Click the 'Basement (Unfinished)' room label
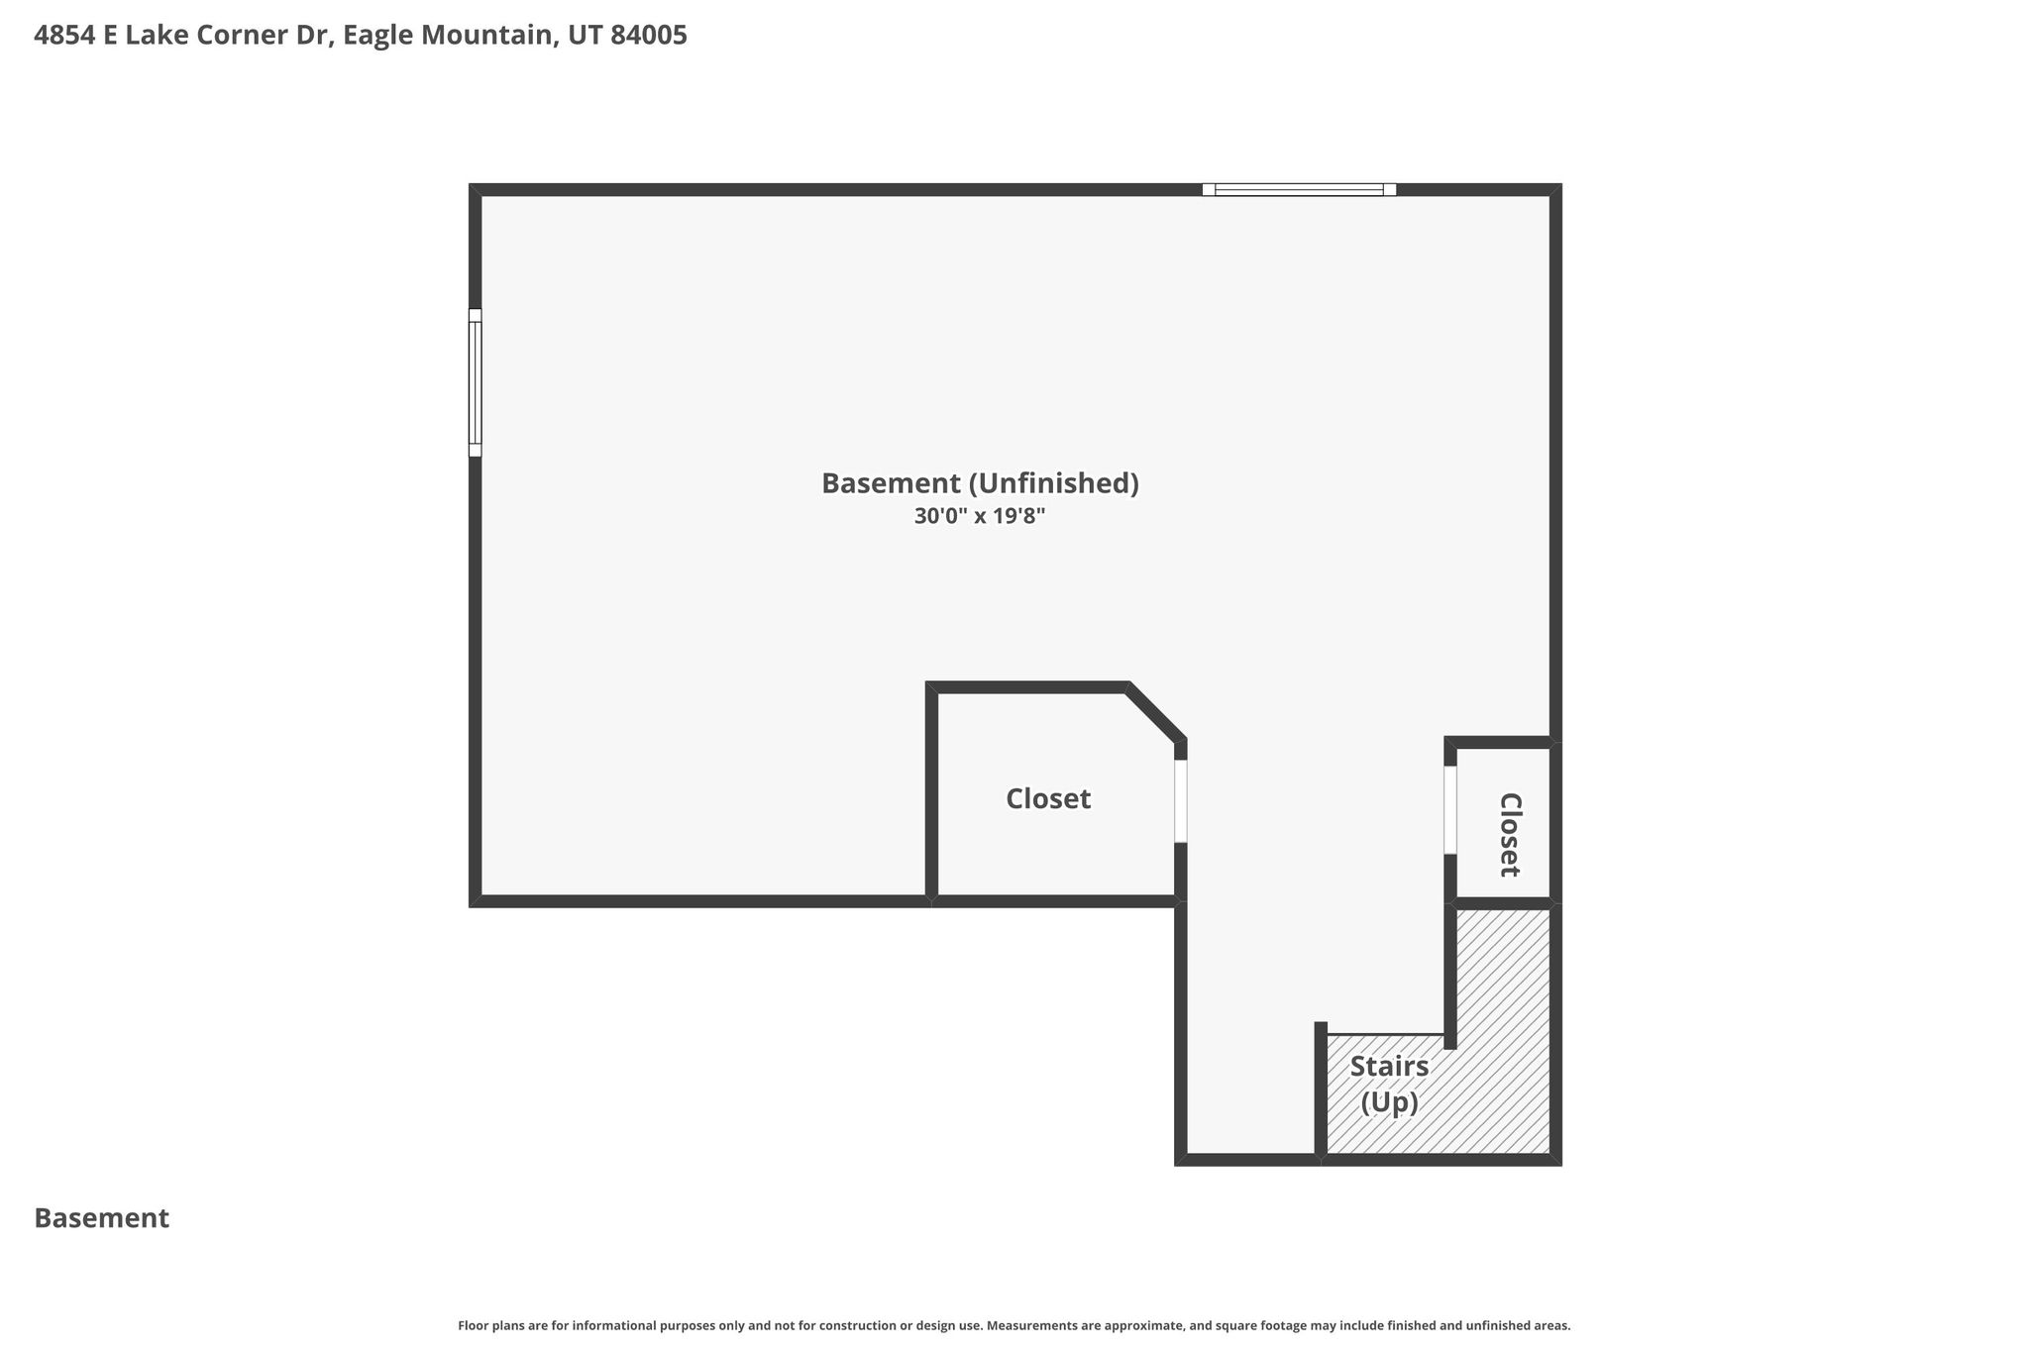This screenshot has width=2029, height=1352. (x=980, y=483)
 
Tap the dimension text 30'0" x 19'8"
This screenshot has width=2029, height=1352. (x=980, y=516)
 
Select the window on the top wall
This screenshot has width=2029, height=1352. (x=1299, y=189)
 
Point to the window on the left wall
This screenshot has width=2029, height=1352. (x=476, y=382)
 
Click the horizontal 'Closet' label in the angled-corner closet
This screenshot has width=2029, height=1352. (x=1048, y=798)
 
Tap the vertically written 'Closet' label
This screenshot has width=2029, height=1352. (x=1509, y=835)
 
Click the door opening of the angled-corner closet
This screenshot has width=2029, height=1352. (x=1181, y=801)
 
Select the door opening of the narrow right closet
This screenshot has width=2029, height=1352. (x=1450, y=810)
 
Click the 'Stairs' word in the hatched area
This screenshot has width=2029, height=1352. (x=1389, y=1067)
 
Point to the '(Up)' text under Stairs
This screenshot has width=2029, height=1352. (x=1389, y=1102)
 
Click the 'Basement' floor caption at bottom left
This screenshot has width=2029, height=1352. (x=102, y=1218)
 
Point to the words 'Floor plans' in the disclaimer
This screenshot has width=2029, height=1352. (x=488, y=1325)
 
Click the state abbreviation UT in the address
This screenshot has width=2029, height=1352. (x=585, y=36)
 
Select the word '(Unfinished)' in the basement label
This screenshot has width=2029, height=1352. (x=1054, y=483)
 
